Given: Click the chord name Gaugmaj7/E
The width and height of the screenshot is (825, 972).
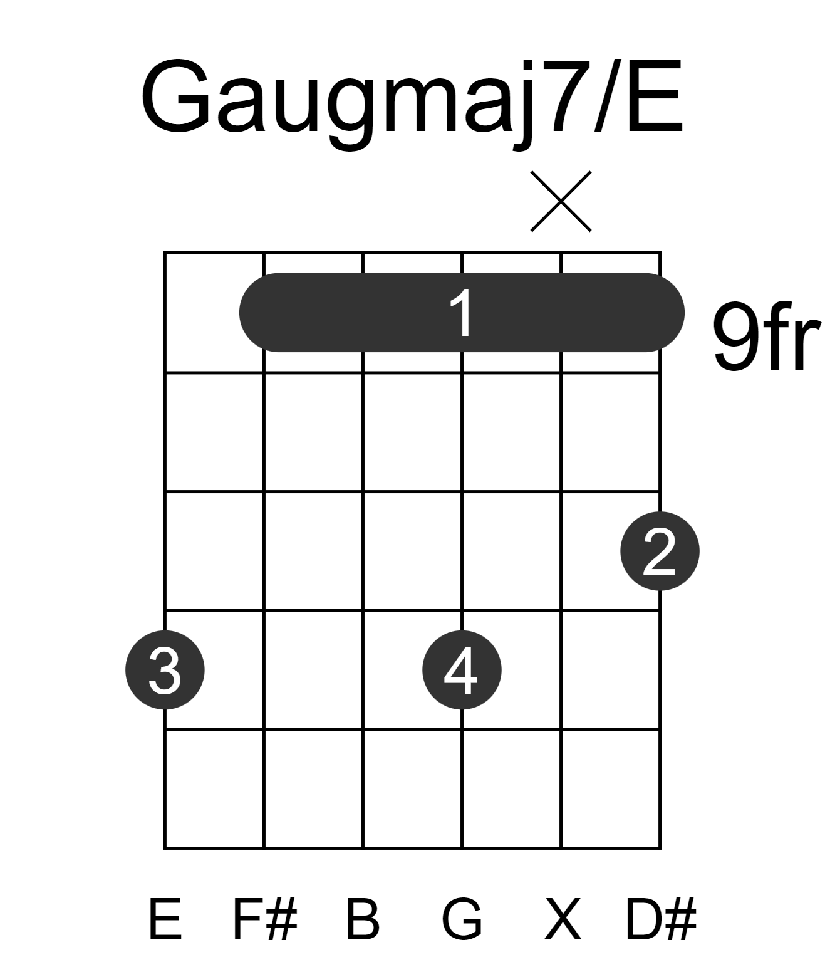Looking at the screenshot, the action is click(x=412, y=101).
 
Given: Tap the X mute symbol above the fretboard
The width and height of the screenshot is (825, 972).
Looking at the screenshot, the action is click(x=561, y=201).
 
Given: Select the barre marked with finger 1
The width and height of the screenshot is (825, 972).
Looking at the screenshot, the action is click(x=462, y=313).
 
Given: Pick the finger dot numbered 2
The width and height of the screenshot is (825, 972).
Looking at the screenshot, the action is click(x=660, y=551).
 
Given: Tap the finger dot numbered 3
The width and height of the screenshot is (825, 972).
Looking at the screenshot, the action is click(x=165, y=670).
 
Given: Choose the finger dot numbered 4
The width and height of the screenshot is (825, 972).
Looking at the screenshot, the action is click(x=462, y=670).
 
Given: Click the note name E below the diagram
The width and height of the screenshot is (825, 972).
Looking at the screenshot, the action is click(x=165, y=919).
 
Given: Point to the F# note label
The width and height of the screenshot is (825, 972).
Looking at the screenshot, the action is click(x=264, y=919).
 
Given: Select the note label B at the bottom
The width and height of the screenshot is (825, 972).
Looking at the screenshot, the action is click(x=363, y=919).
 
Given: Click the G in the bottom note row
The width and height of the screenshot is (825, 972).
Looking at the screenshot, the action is click(x=462, y=919).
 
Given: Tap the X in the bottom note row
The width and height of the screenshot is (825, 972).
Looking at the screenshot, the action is click(x=562, y=919).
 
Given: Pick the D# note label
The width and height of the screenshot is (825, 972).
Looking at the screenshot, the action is click(x=660, y=919).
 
